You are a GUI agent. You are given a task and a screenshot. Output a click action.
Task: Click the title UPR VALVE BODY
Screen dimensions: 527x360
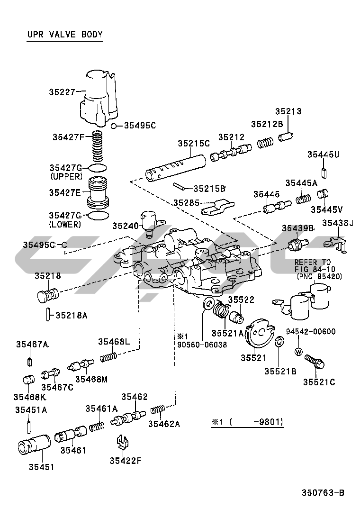point(64,35)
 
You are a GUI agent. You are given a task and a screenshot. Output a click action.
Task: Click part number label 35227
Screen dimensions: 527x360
point(62,92)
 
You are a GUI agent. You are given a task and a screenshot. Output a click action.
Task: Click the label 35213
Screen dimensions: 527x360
point(288,112)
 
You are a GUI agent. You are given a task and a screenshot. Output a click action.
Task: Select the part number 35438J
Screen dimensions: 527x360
point(338,223)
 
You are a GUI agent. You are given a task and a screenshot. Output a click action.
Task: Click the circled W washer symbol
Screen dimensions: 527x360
point(298,352)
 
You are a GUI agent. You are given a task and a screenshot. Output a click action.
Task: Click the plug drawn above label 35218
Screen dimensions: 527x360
point(47,295)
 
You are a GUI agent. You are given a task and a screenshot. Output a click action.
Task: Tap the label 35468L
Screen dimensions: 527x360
point(114,341)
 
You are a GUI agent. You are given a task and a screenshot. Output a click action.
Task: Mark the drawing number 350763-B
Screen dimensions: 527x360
point(323,493)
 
